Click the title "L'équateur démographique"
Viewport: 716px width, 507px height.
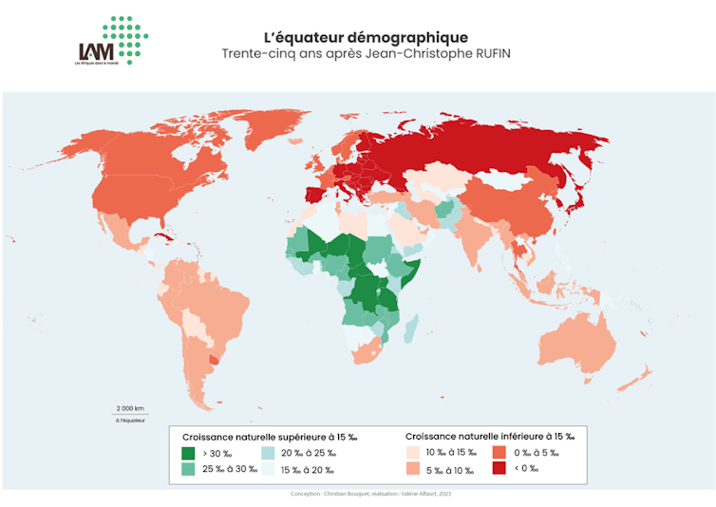click(x=366, y=37)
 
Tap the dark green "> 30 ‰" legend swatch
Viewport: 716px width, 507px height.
click(x=188, y=453)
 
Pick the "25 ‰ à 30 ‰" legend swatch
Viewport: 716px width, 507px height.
click(x=188, y=469)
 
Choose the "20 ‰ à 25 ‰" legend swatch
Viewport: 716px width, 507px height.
click(x=268, y=453)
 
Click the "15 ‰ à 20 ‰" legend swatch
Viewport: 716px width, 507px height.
click(x=268, y=469)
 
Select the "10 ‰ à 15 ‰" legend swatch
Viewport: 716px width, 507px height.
click(x=413, y=453)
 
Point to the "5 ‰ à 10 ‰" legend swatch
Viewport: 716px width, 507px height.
click(x=413, y=469)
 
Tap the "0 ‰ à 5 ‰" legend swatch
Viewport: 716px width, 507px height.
click(x=499, y=453)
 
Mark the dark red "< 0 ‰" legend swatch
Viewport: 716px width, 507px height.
click(x=499, y=469)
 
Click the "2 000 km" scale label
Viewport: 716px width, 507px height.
click(x=130, y=407)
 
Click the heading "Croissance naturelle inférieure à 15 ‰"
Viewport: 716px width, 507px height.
click(x=489, y=437)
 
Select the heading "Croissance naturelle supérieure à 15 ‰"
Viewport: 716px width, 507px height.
click(x=269, y=437)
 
